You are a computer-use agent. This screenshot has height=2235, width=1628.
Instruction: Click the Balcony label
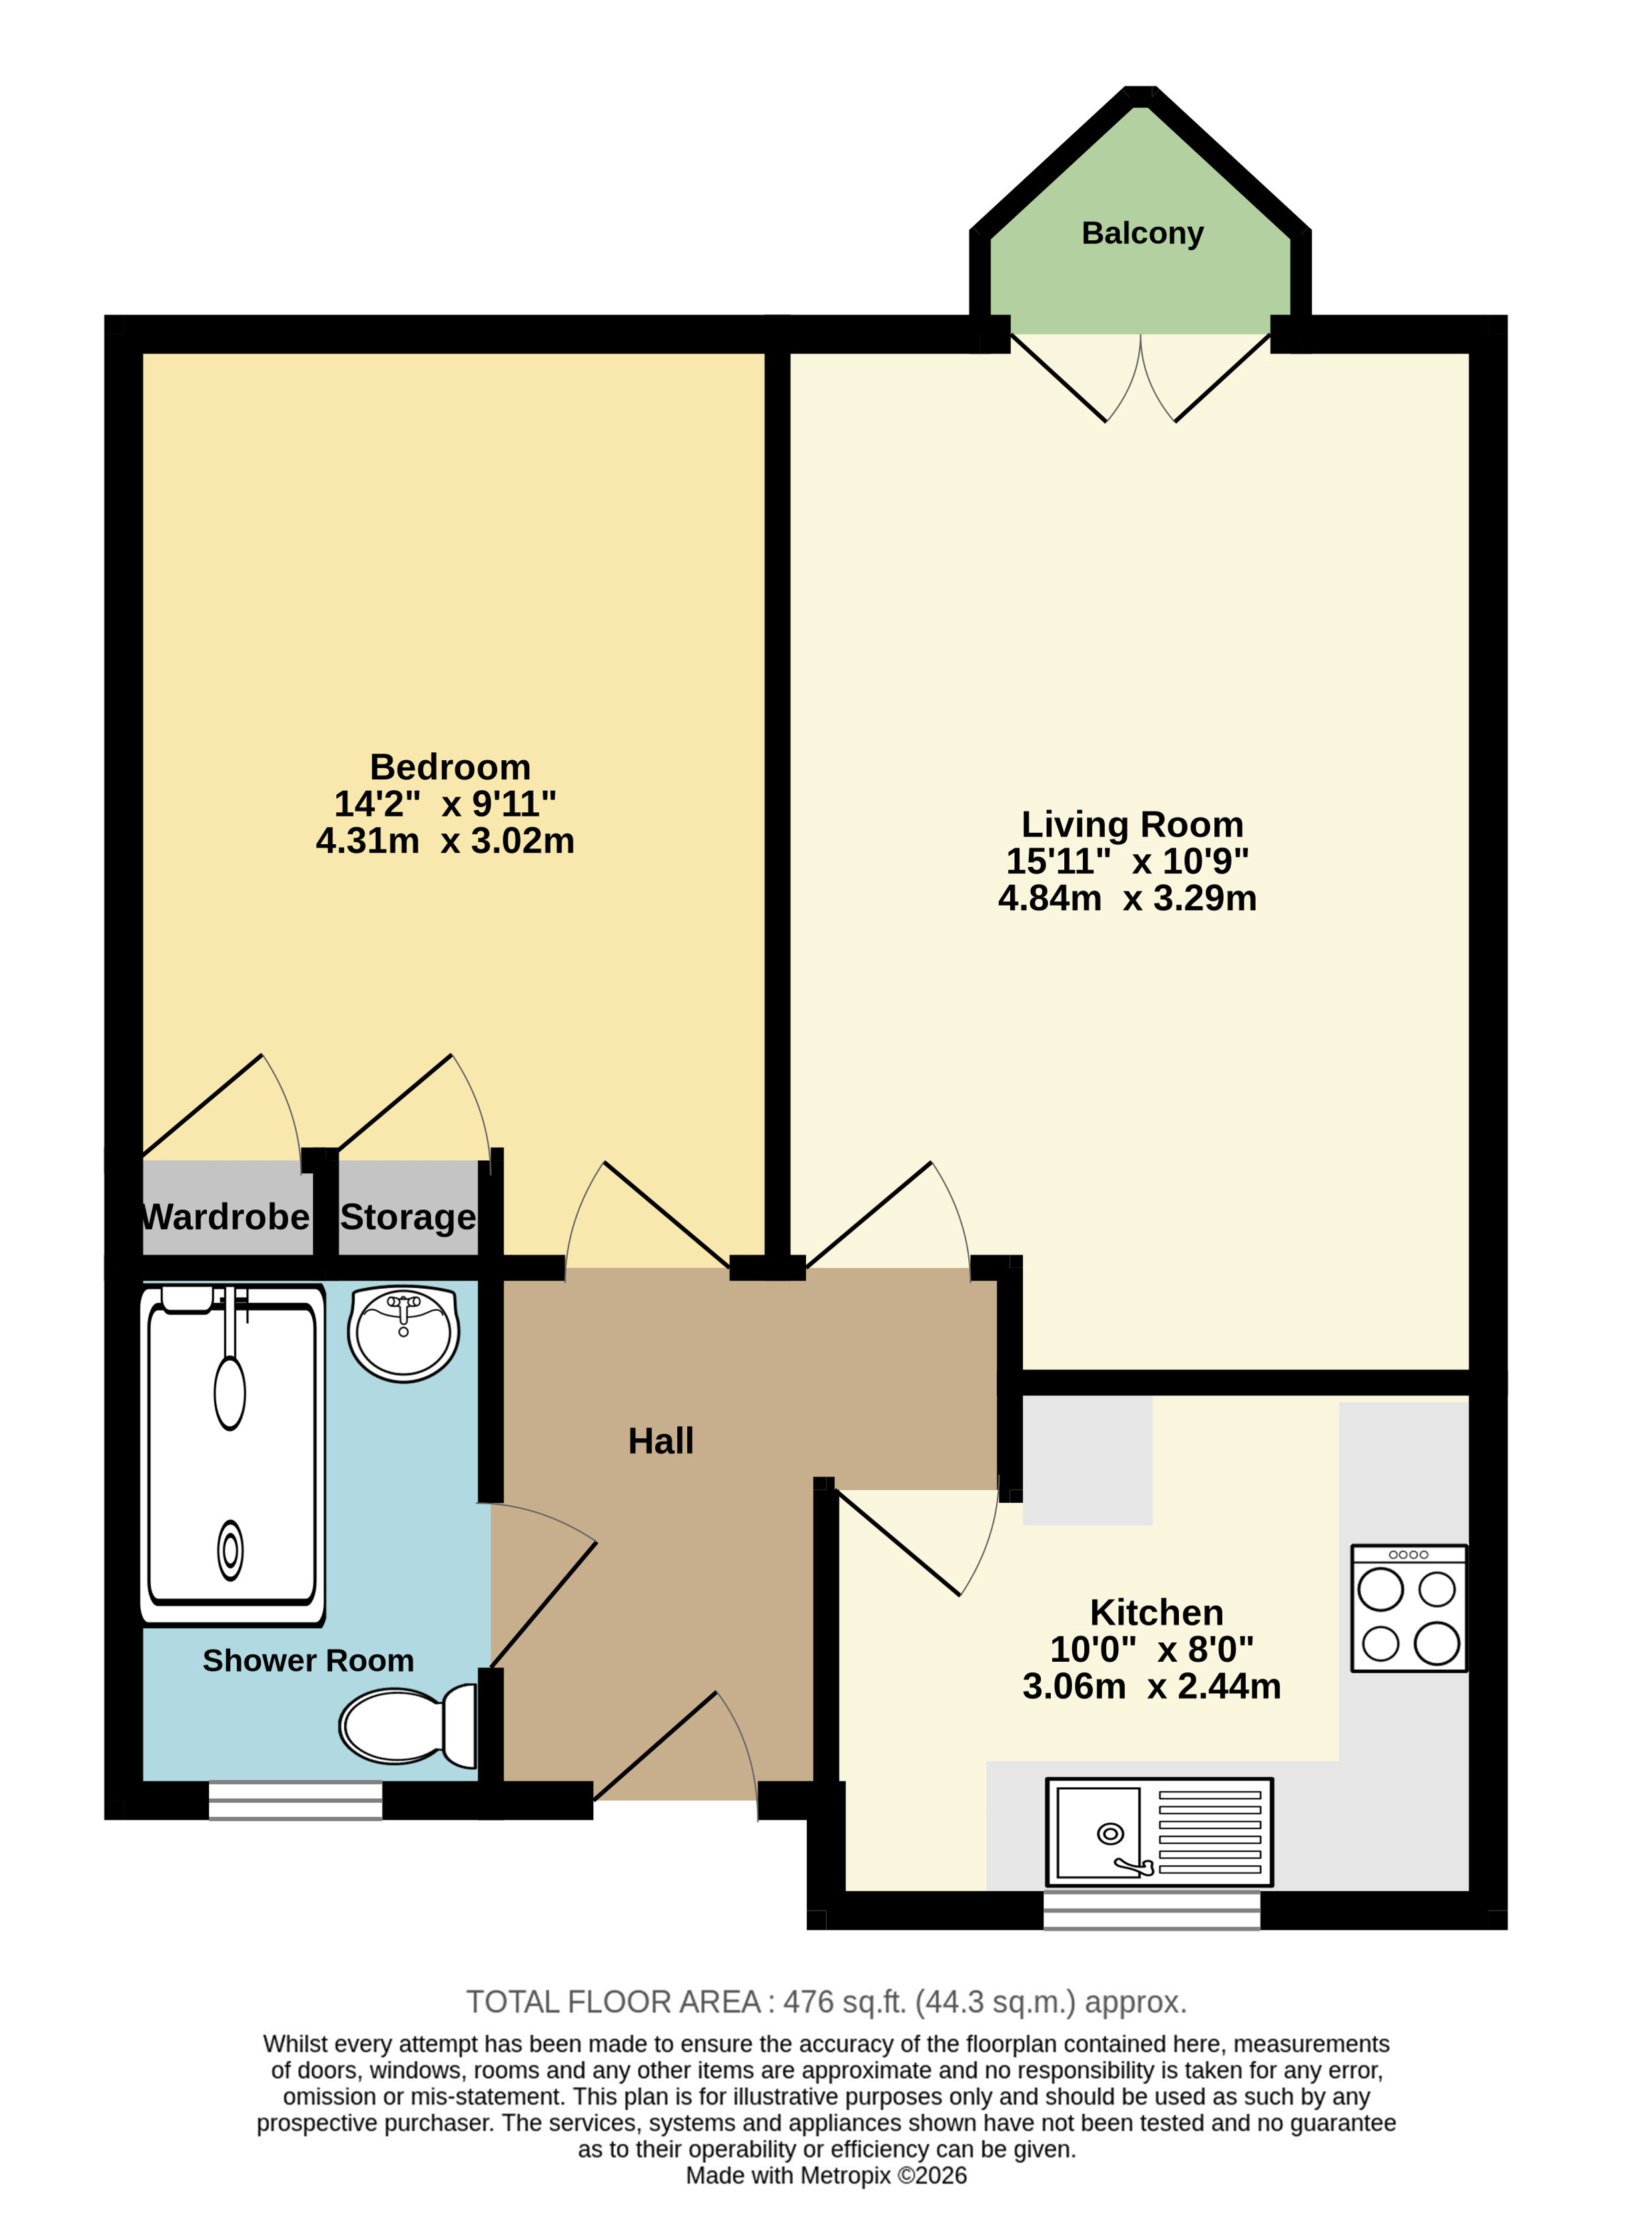click(x=1142, y=234)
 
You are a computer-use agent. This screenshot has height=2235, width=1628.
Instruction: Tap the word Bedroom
click(x=450, y=767)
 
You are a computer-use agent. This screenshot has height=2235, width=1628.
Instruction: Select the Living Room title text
click(x=1132, y=824)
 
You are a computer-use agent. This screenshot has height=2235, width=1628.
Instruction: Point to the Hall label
click(x=661, y=1441)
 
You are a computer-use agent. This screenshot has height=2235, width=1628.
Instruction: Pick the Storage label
click(x=408, y=1218)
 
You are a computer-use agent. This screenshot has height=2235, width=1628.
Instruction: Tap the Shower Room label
click(x=308, y=1660)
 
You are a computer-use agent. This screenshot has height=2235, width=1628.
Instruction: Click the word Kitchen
click(x=1157, y=1612)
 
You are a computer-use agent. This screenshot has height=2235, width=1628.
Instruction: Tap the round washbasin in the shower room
click(x=403, y=1333)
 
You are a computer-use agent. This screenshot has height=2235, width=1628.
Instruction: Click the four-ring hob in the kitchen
click(x=1409, y=1608)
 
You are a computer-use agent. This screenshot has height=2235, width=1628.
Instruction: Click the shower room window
click(x=296, y=1801)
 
